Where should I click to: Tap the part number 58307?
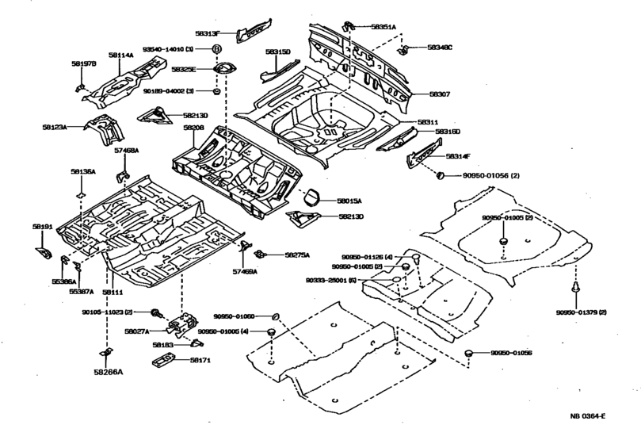[440, 94]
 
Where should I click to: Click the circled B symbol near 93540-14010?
[216, 49]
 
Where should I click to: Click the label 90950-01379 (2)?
[582, 313]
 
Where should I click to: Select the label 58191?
[42, 227]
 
